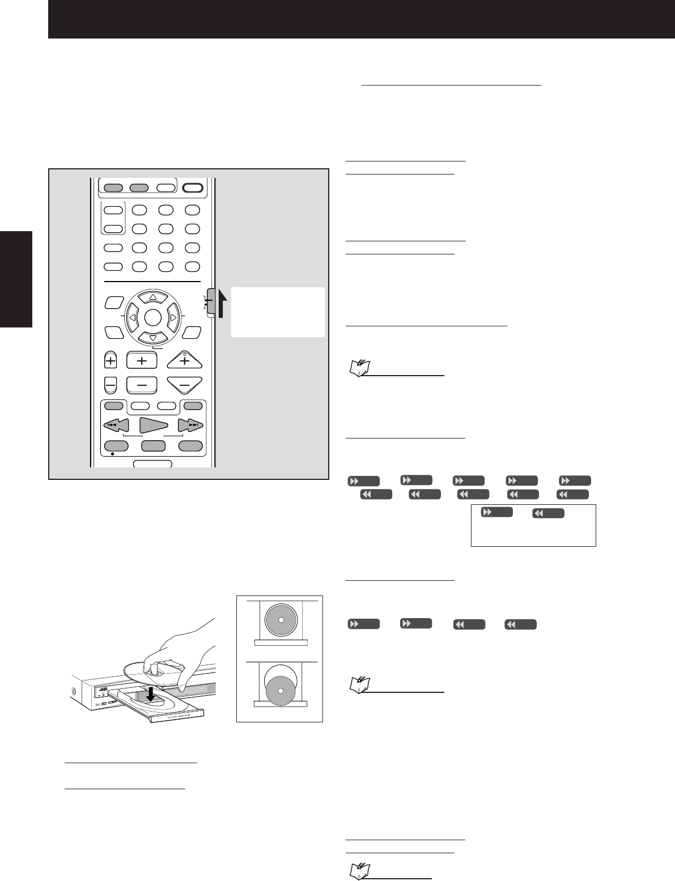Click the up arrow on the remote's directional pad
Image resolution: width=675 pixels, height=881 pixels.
click(x=153, y=297)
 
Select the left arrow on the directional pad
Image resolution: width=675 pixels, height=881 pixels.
click(x=132, y=318)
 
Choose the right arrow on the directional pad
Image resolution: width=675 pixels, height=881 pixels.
click(x=173, y=318)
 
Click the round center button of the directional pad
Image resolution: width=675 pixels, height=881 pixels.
click(x=153, y=318)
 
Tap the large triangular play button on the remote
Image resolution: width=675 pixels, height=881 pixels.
click(x=154, y=425)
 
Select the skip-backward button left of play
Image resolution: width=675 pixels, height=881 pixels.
click(x=116, y=425)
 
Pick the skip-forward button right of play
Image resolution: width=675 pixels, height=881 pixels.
click(x=190, y=425)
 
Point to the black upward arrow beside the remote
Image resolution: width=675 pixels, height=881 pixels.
click(x=222, y=304)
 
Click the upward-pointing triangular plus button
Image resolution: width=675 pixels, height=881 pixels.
click(x=185, y=360)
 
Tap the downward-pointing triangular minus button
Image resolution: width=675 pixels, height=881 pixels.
click(x=185, y=384)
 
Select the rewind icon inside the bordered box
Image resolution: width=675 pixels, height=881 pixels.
click(x=548, y=513)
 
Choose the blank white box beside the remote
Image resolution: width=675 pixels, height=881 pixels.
click(x=278, y=312)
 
